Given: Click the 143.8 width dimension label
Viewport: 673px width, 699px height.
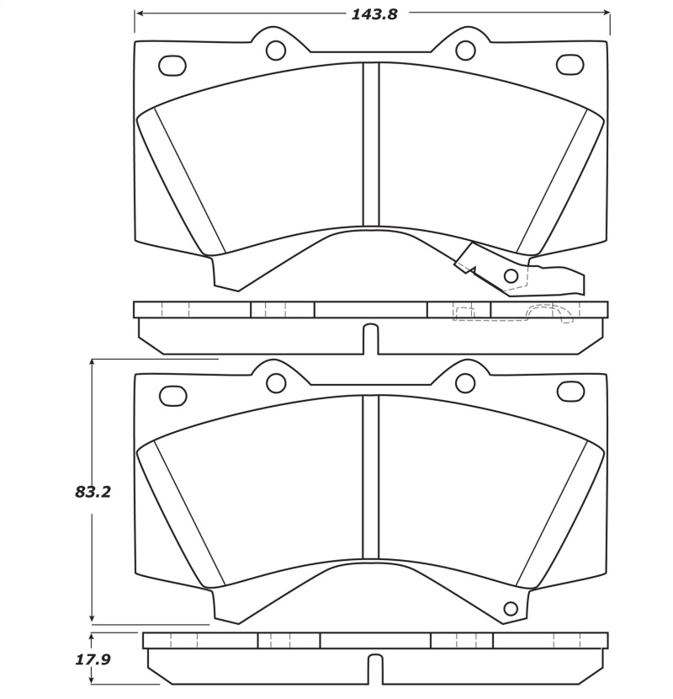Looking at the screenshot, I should [x=374, y=13].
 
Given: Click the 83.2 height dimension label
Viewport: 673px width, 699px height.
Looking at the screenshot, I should [x=93, y=492].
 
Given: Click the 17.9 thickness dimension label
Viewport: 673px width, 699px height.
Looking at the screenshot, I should [x=93, y=659].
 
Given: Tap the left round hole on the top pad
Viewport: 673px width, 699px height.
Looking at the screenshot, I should [x=276, y=51].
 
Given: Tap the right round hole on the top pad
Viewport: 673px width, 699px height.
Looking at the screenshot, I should [x=465, y=51].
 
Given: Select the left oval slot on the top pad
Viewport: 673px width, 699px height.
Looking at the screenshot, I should [x=172, y=64].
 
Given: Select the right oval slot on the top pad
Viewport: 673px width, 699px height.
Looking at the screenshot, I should [x=570, y=64].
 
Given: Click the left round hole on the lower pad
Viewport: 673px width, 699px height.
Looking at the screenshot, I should [x=276, y=383].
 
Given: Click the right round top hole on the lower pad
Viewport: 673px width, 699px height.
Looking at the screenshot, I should [x=465, y=383].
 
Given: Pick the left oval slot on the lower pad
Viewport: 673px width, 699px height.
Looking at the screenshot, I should [x=172, y=393].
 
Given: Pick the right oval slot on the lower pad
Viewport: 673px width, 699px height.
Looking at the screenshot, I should [x=570, y=392].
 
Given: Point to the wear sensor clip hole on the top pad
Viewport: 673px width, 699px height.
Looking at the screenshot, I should [x=510, y=275].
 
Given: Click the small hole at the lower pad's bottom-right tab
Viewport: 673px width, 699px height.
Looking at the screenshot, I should [x=510, y=609].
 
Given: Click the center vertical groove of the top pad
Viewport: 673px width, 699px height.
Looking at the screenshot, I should [x=371, y=143].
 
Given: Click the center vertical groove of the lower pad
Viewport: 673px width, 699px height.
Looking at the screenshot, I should [x=371, y=476].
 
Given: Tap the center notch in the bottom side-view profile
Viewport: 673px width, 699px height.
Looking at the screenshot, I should [x=374, y=670].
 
